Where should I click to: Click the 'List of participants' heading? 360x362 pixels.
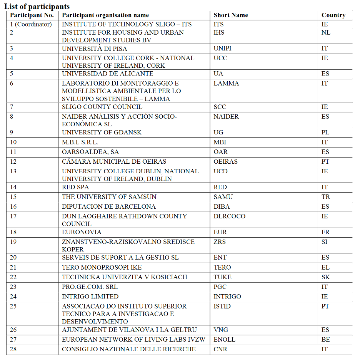[x=37, y=7]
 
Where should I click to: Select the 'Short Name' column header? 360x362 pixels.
[x=231, y=15]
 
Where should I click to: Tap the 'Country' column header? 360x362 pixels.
[x=333, y=15]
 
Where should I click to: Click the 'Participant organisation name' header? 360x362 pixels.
[x=105, y=15]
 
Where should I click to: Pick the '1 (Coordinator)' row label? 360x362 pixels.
[x=31, y=24]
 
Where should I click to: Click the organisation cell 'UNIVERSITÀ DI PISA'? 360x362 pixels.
[x=95, y=49]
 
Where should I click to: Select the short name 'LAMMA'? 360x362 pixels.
[x=226, y=83]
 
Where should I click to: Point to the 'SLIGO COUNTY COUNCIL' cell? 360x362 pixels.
[x=102, y=107]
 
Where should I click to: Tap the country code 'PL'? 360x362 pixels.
[x=325, y=132]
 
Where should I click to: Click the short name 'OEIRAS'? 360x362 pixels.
[x=226, y=162]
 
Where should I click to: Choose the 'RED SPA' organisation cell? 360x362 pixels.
[x=75, y=187]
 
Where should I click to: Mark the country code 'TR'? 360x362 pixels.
[x=325, y=197]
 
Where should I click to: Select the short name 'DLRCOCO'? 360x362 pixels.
[x=229, y=216]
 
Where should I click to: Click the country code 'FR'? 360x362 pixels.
[x=325, y=232]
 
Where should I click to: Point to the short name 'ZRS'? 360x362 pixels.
[x=220, y=242]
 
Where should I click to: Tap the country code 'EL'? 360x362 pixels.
[x=325, y=267]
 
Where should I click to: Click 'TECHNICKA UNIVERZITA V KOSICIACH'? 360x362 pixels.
[x=125, y=277]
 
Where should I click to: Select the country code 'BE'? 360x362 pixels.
[x=325, y=340]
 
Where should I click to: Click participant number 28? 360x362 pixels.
[x=13, y=349]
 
